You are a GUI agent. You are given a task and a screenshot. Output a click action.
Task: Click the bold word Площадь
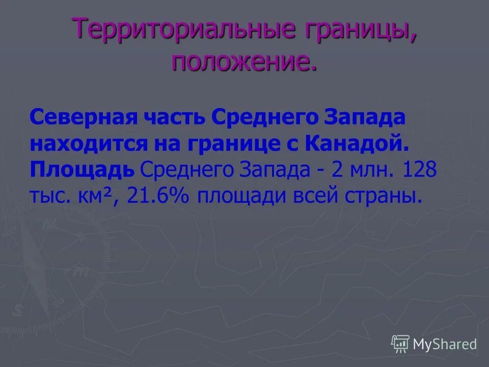tap(82, 170)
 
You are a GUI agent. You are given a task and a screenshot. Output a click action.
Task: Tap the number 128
tap(419, 170)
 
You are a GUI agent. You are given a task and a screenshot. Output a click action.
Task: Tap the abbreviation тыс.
tap(47, 195)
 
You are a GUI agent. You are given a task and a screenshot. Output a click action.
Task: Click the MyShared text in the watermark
tap(445, 344)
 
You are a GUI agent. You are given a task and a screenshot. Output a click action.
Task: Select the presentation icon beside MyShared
tap(400, 344)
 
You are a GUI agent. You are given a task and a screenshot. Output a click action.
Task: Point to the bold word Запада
tap(364, 119)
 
